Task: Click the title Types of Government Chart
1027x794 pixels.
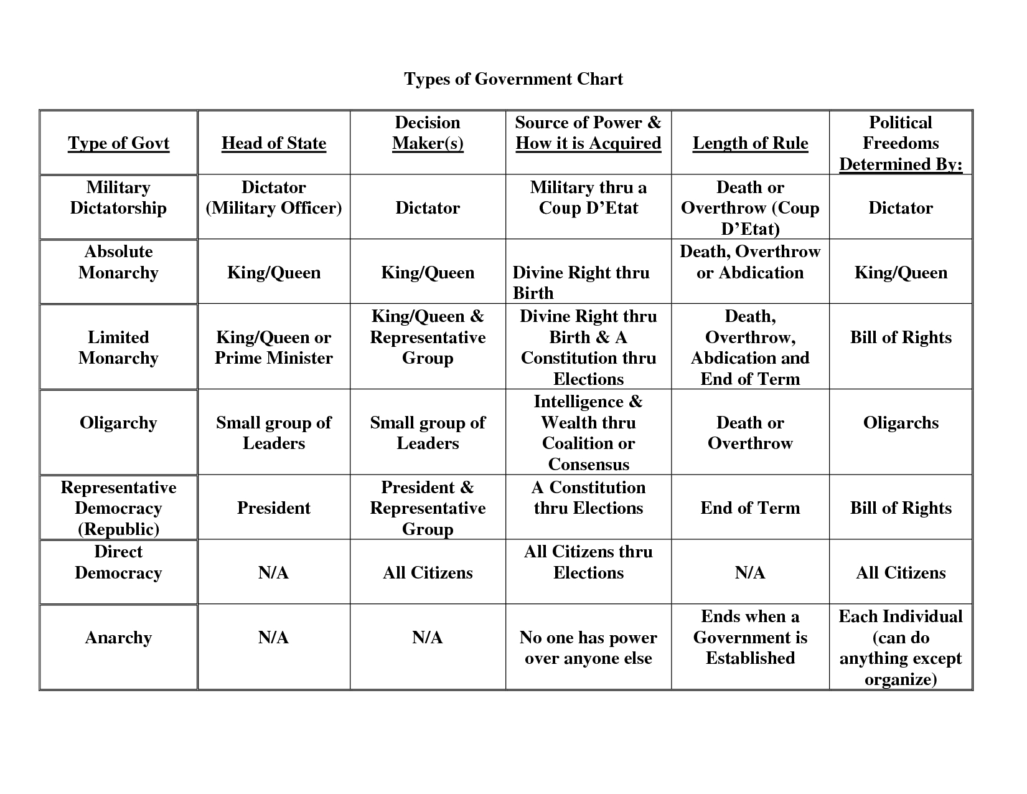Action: [513, 79]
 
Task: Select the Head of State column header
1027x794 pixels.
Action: [273, 143]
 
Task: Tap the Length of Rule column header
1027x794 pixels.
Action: [750, 143]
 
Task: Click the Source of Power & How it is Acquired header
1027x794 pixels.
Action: [588, 133]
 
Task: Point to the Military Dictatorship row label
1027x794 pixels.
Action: [118, 197]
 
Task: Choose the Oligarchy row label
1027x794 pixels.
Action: [118, 423]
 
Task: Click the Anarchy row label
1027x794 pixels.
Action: [118, 638]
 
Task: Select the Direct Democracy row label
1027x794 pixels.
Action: [118, 562]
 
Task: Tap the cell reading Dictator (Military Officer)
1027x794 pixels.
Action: [274, 197]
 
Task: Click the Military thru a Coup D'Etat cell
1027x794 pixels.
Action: [588, 197]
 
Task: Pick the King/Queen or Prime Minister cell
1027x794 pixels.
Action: [274, 347]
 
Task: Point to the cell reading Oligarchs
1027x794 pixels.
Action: [901, 423]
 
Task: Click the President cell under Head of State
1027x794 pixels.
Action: [274, 508]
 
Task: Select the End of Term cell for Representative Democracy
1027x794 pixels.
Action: [750, 508]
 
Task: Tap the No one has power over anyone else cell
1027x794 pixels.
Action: [588, 648]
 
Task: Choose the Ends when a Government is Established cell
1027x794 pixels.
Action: [750, 637]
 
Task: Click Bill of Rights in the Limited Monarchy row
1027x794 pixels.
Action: [901, 338]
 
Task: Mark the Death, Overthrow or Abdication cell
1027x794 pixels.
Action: [750, 262]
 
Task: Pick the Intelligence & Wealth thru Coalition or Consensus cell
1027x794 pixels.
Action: [588, 433]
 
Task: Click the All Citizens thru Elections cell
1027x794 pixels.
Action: [588, 562]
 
